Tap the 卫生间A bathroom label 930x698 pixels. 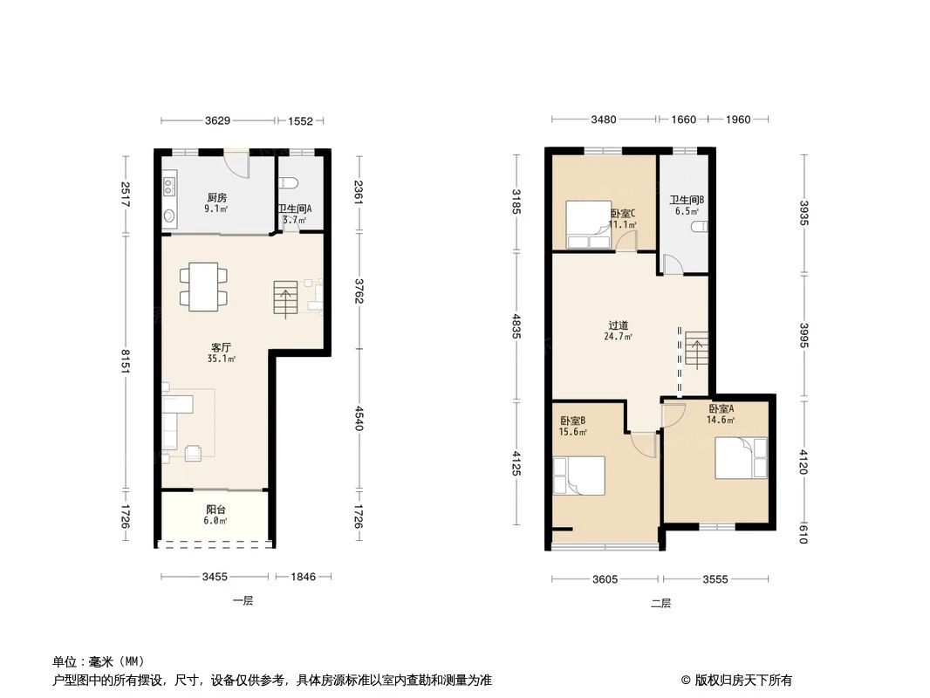(x=294, y=209)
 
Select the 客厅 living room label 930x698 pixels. (x=219, y=346)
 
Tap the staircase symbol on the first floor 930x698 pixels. (x=286, y=299)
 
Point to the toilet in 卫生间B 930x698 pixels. (x=698, y=227)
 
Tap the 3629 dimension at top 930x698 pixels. (x=217, y=121)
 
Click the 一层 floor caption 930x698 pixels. (x=243, y=601)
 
